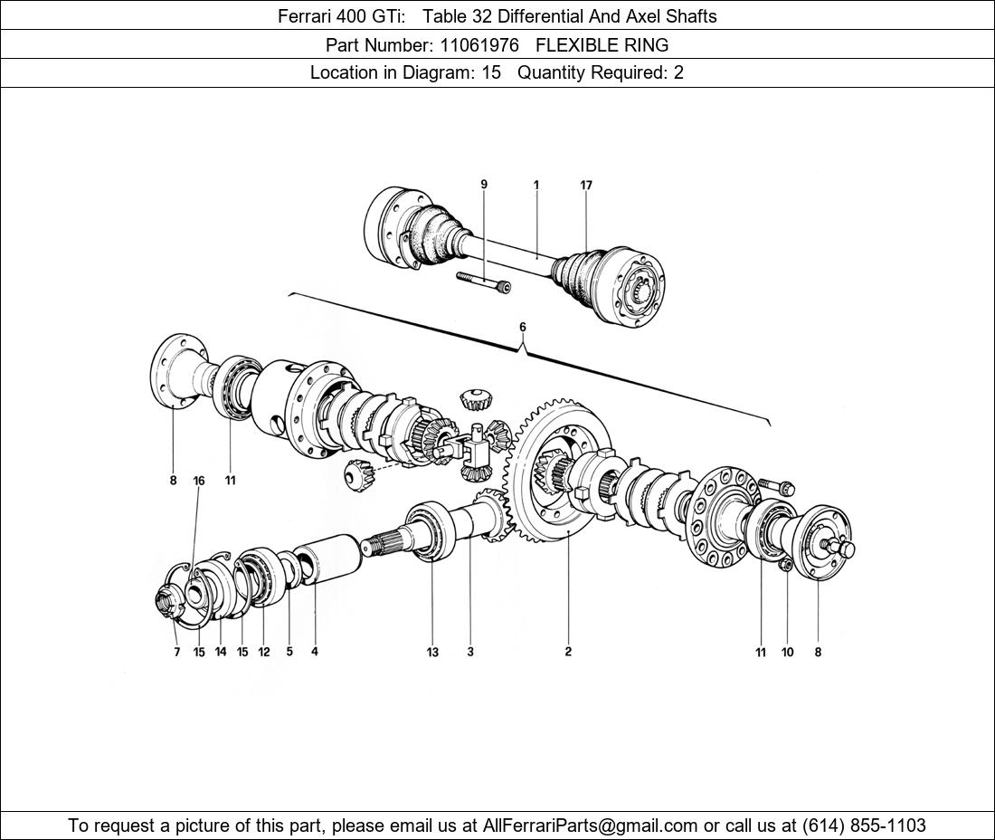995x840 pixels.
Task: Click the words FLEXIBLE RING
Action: pos(602,44)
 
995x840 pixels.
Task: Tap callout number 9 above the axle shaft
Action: pos(484,185)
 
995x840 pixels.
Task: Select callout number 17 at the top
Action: pos(586,185)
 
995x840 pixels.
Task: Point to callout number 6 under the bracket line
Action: pos(522,327)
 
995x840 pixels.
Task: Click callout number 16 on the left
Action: pos(199,481)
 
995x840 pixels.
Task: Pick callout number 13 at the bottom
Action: pos(432,652)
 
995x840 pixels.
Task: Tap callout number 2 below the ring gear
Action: pos(568,652)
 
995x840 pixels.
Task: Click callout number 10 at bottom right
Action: pos(787,652)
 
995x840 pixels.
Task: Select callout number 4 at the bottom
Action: pos(315,651)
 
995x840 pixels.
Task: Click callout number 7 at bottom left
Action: pos(177,652)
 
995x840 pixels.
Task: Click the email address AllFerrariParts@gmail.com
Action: pos(591,826)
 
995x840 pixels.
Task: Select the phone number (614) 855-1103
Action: pos(864,826)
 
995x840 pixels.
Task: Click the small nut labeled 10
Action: pos(785,567)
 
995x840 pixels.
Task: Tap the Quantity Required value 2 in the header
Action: pos(678,72)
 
